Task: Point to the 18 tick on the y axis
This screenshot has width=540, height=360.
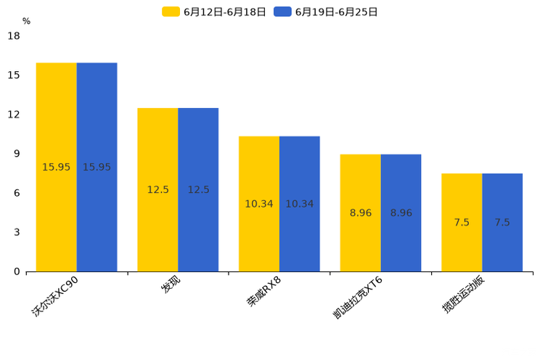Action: point(14,36)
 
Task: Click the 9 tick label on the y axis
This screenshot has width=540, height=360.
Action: point(17,154)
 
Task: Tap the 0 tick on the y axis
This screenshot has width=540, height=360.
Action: point(17,271)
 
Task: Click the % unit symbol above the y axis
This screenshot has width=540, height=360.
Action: point(26,22)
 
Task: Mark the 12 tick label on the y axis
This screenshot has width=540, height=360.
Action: point(14,115)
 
